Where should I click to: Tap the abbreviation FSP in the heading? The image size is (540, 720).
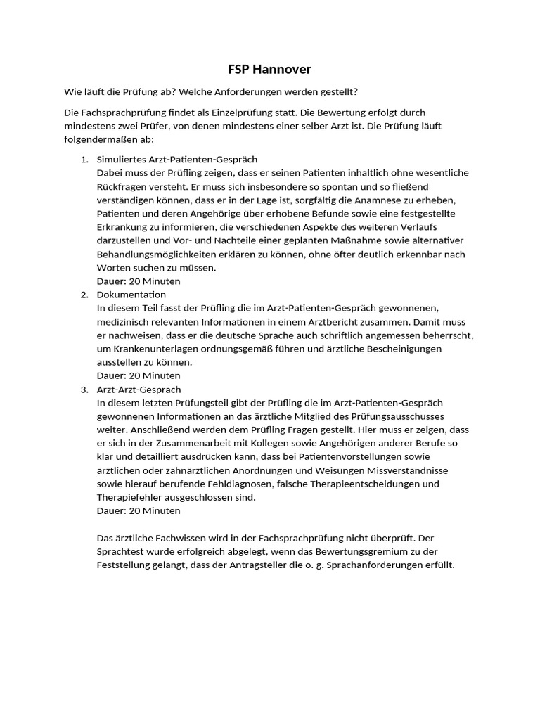pyautogui.click(x=240, y=70)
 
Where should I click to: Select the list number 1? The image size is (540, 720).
pyautogui.click(x=84, y=159)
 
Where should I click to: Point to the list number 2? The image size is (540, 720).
pyautogui.click(x=84, y=295)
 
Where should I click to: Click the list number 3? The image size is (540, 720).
pyautogui.click(x=84, y=390)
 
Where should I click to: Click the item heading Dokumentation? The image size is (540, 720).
pyautogui.click(x=131, y=295)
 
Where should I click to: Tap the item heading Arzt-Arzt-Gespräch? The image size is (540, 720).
pyautogui.click(x=139, y=390)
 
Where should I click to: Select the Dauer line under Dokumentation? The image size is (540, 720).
pyautogui.click(x=139, y=376)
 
